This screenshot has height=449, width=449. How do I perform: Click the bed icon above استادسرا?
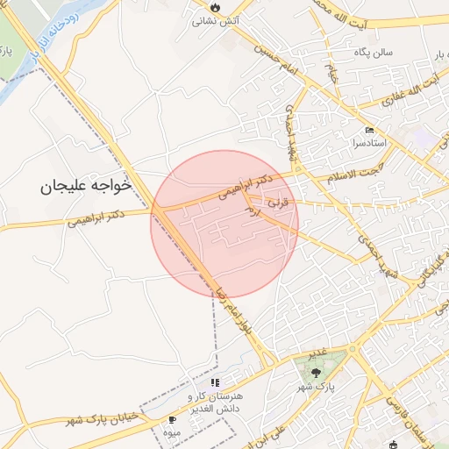369,131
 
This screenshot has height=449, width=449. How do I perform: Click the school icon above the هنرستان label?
215,382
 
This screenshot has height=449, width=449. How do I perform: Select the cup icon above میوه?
172,420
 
